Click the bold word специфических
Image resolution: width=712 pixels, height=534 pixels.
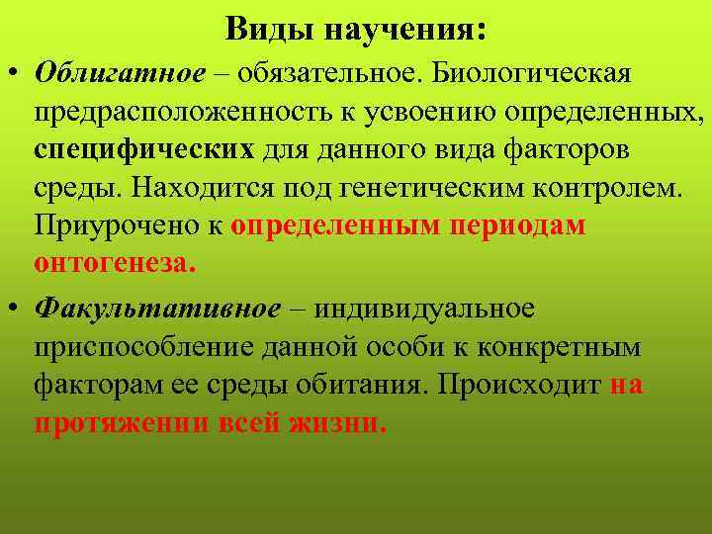click(x=145, y=150)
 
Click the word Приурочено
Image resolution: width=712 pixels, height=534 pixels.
click(x=118, y=226)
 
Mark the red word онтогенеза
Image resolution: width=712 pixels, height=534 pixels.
click(x=116, y=264)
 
